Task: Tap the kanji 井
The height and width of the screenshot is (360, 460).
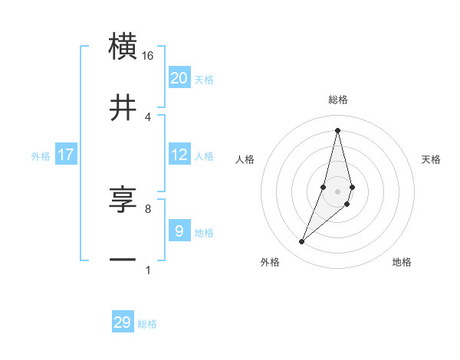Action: (x=123, y=108)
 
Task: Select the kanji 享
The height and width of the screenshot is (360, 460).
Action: (x=123, y=200)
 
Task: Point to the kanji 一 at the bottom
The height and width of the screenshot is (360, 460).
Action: (x=123, y=260)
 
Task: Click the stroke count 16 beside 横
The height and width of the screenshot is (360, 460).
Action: (x=148, y=56)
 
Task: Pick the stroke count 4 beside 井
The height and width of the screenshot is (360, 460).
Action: (x=148, y=117)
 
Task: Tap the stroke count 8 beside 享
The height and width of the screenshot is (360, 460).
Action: (x=148, y=208)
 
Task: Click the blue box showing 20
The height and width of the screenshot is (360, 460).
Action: (x=179, y=78)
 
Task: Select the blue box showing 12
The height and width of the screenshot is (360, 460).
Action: (x=179, y=155)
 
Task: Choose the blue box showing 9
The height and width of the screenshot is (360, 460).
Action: (x=179, y=231)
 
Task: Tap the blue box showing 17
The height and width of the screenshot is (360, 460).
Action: (x=66, y=155)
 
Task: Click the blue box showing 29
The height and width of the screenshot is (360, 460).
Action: (x=123, y=322)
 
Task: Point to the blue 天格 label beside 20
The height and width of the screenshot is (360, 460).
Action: (x=204, y=80)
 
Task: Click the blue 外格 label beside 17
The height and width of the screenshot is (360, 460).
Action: (x=41, y=156)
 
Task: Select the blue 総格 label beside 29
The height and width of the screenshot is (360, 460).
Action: (x=147, y=324)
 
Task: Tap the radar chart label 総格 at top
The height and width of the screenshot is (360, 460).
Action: (x=338, y=100)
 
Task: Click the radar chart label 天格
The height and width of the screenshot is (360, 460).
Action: (x=432, y=159)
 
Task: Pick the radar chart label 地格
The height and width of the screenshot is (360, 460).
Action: (x=402, y=263)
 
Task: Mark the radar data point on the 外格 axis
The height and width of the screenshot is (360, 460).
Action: (x=302, y=242)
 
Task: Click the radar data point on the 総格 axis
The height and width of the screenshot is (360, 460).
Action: (x=338, y=130)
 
